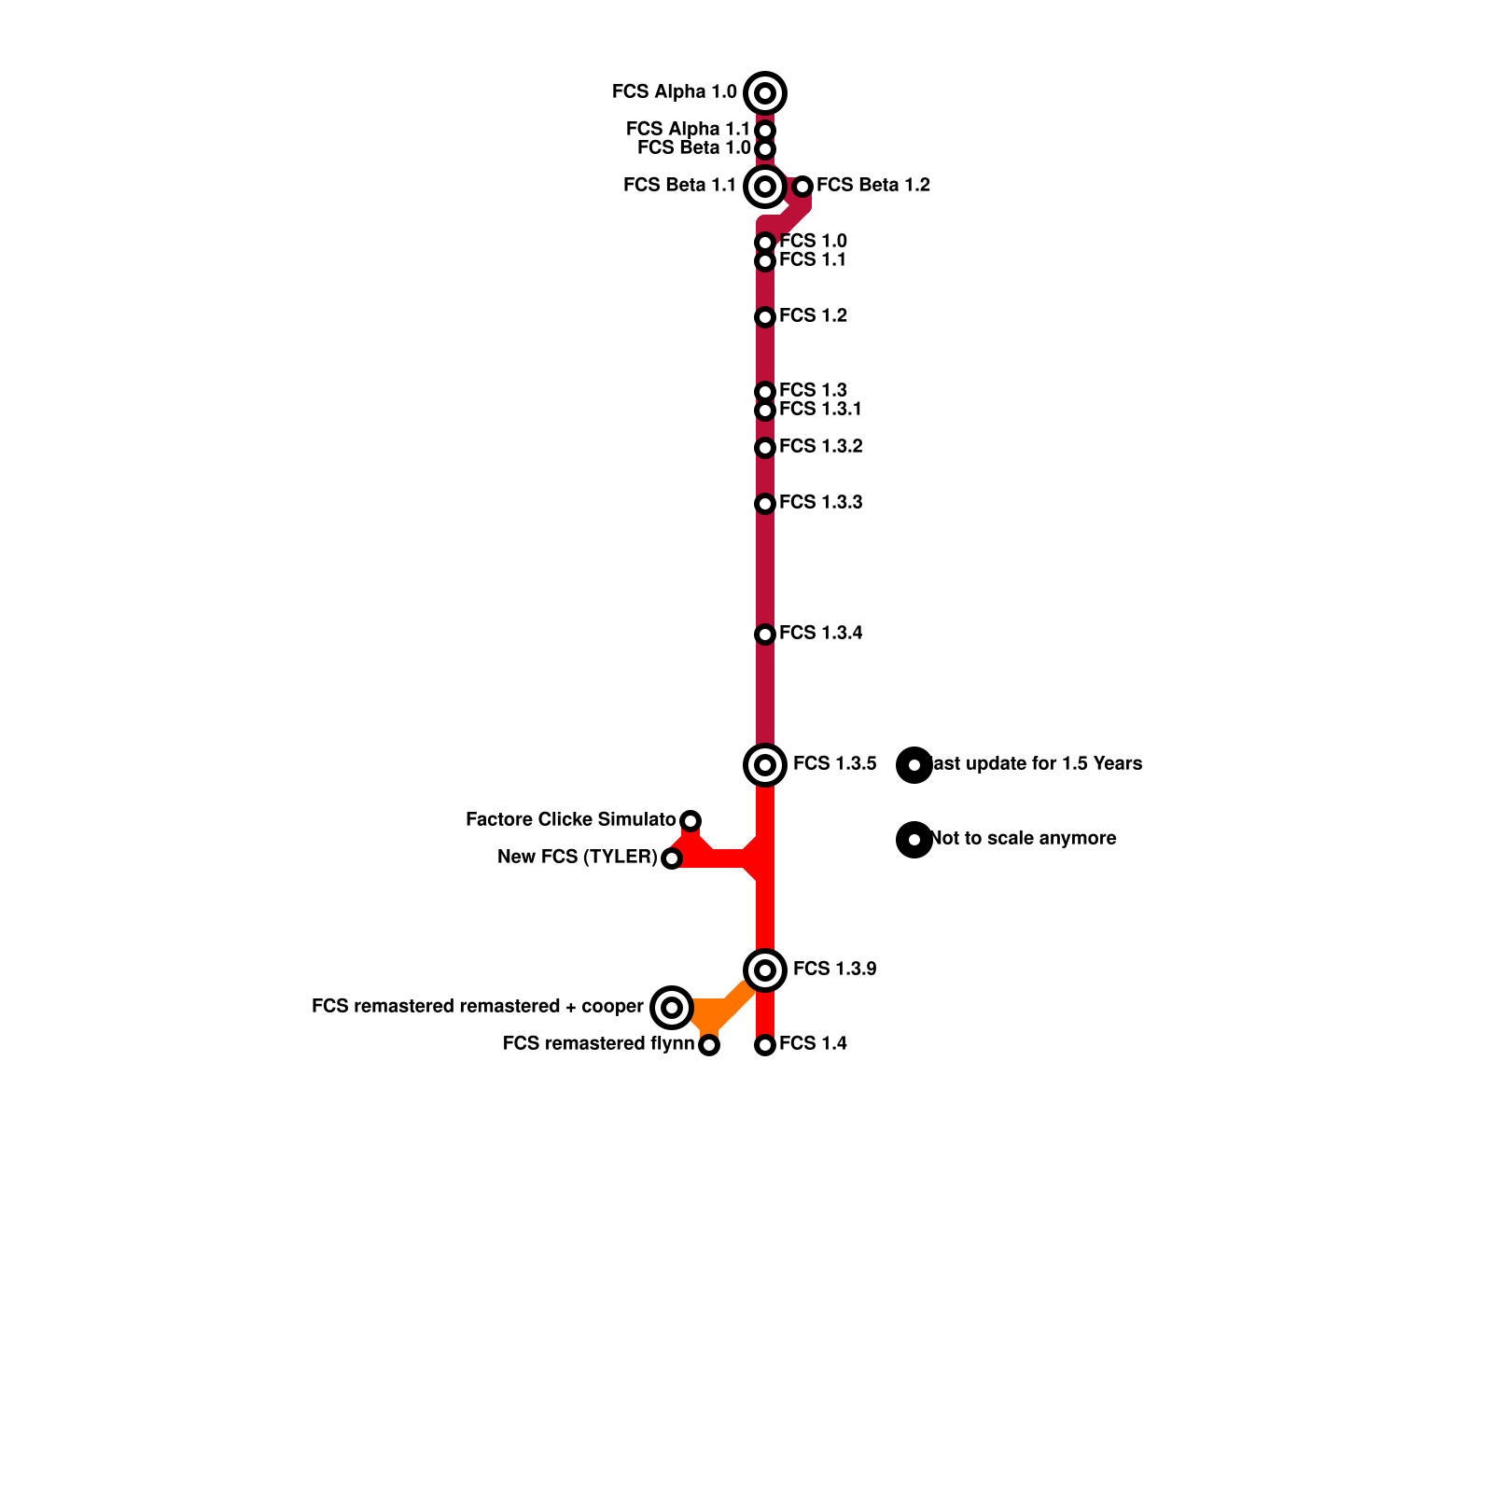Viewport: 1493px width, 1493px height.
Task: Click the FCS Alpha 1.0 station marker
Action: coord(765,93)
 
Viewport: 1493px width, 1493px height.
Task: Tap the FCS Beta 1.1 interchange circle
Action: coord(765,187)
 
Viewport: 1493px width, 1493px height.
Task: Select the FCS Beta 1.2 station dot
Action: coord(802,187)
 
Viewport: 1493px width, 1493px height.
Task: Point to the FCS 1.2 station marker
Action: coord(765,317)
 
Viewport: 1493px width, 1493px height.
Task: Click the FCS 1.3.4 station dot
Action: coord(765,635)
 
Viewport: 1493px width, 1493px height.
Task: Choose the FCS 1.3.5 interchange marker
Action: coord(765,765)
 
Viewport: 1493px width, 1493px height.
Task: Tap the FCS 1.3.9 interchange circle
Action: coord(765,970)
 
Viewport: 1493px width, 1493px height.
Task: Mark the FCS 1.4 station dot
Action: coord(765,1045)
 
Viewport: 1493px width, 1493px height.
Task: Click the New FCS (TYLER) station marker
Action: coord(672,858)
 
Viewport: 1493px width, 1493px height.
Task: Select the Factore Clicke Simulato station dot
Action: coord(691,821)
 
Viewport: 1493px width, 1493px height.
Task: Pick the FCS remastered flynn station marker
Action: coord(709,1045)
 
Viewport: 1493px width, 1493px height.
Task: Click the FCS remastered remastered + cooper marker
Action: coord(672,1008)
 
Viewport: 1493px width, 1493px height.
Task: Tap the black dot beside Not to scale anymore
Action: coord(914,840)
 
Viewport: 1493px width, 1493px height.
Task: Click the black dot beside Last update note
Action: coord(914,765)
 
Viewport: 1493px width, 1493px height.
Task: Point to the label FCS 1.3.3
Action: coord(820,503)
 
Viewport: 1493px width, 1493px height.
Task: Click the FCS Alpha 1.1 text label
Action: coord(688,129)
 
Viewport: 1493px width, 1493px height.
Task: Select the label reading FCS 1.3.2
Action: coord(820,447)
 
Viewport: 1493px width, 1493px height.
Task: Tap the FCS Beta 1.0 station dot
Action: coord(765,149)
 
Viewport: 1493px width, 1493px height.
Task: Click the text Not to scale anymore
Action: coord(1024,839)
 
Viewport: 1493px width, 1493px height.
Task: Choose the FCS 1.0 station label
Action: coord(813,242)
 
